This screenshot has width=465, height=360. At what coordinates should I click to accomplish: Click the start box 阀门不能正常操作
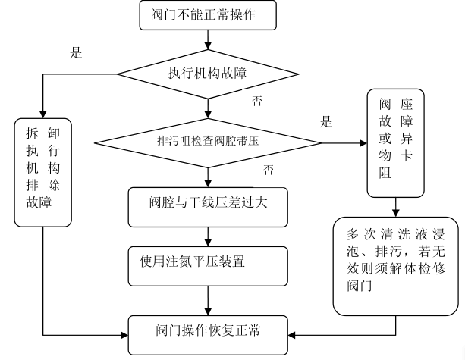point(204,14)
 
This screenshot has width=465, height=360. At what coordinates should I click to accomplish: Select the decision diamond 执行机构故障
point(204,74)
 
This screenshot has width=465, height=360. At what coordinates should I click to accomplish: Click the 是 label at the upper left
point(75,55)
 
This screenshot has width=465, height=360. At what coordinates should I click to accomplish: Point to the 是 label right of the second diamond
point(328,121)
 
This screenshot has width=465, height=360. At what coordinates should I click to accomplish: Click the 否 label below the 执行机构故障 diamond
point(258,100)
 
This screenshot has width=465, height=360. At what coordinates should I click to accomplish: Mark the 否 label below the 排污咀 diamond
point(267,167)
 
